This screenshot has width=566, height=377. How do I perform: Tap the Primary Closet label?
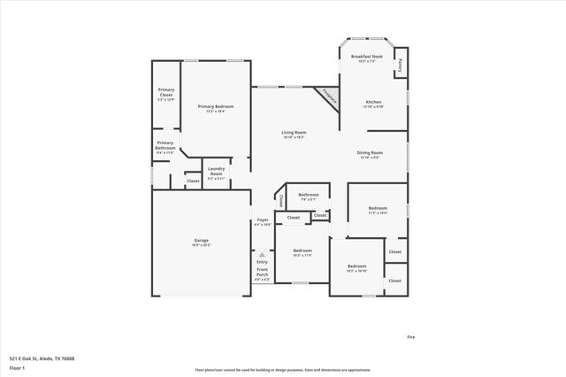click(166, 92)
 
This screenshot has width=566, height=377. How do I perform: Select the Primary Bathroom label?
click(165, 145)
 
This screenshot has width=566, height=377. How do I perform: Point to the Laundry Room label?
click(216, 172)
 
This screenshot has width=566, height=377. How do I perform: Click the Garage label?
click(202, 242)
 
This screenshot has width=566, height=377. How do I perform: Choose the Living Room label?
click(293, 134)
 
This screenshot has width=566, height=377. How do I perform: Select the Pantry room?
click(400, 65)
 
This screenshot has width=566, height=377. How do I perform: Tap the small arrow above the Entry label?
click(262, 254)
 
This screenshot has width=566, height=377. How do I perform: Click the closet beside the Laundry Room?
click(193, 181)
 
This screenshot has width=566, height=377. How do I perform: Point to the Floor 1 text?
click(17, 368)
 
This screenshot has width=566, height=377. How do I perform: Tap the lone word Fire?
click(410, 337)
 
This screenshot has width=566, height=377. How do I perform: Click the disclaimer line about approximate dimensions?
click(283, 369)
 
